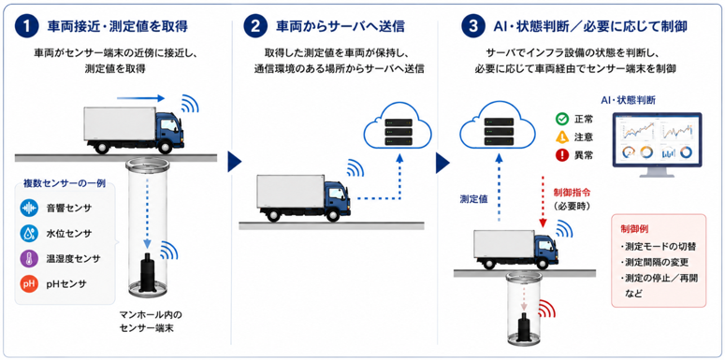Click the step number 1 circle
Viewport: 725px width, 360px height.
[26, 26]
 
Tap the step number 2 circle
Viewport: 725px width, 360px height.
[255, 26]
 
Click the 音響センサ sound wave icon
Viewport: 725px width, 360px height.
[29, 209]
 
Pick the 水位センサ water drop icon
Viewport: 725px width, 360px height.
[29, 234]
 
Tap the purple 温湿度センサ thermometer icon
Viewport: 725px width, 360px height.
[29, 258]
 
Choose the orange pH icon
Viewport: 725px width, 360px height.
[29, 283]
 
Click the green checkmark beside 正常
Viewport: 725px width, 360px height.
[562, 119]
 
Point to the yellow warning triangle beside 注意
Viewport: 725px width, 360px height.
[562, 137]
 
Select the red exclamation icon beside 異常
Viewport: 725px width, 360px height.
[562, 156]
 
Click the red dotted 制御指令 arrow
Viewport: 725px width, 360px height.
[544, 202]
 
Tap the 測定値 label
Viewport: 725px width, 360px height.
[473, 199]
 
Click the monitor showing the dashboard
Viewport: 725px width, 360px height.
[657, 145]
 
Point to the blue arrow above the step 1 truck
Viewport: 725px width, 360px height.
[140, 98]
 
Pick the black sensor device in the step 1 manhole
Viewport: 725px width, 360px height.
[149, 272]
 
